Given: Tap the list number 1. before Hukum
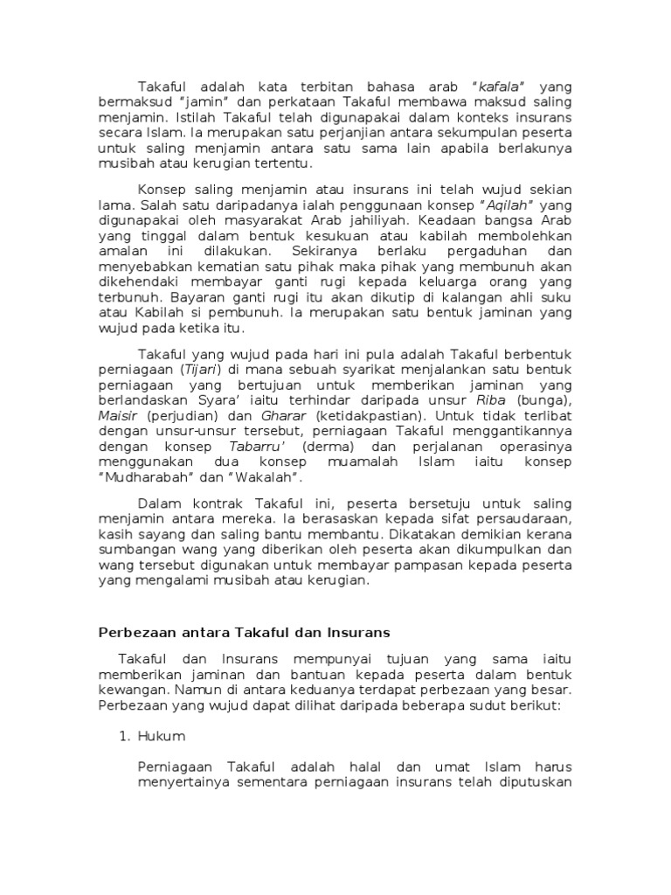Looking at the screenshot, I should (125, 736).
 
